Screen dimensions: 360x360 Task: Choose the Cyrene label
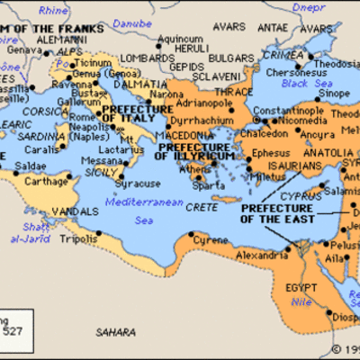[x=211, y=241]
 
